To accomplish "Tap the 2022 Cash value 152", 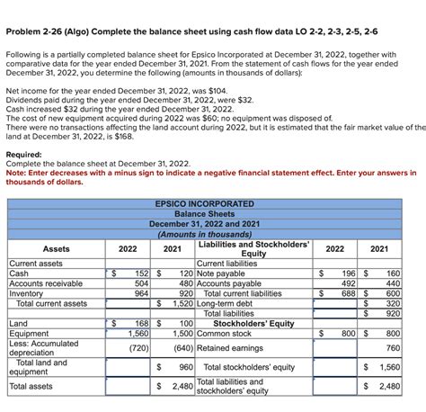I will click(x=140, y=273).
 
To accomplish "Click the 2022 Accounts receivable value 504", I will click(x=140, y=282).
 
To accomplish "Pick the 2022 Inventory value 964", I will click(x=140, y=292).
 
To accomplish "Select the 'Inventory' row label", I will click(x=25, y=292).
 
